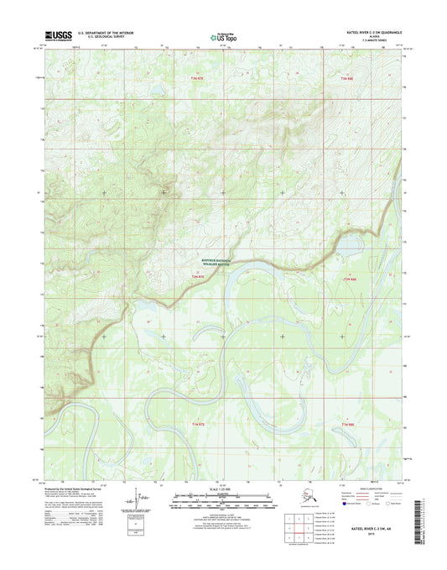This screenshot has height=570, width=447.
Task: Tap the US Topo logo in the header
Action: [223, 37]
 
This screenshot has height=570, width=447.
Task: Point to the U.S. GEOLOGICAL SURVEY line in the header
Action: [98, 39]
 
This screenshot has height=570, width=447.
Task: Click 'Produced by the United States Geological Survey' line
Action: [76, 486]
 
